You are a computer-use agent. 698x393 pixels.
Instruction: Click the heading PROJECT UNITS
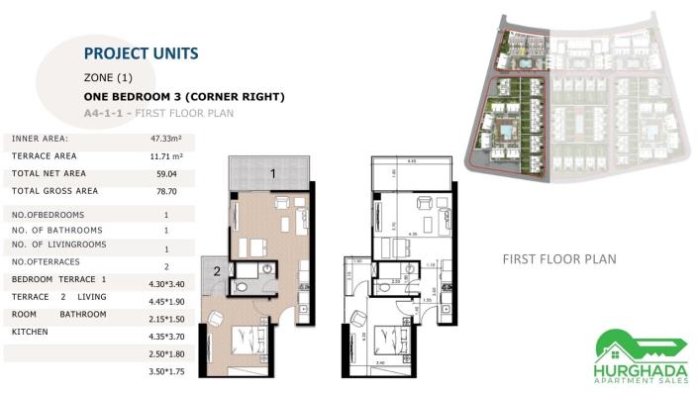pos(141,53)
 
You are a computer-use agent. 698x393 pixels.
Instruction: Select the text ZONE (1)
pos(109,77)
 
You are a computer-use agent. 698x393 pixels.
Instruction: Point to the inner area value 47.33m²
pos(165,140)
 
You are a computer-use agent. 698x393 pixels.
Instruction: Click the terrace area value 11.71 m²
pos(165,156)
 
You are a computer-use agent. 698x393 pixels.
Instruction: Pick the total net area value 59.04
pos(165,173)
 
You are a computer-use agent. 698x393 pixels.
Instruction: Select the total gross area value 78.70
pos(165,191)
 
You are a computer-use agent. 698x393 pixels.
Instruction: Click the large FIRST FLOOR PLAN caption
pos(559,259)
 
